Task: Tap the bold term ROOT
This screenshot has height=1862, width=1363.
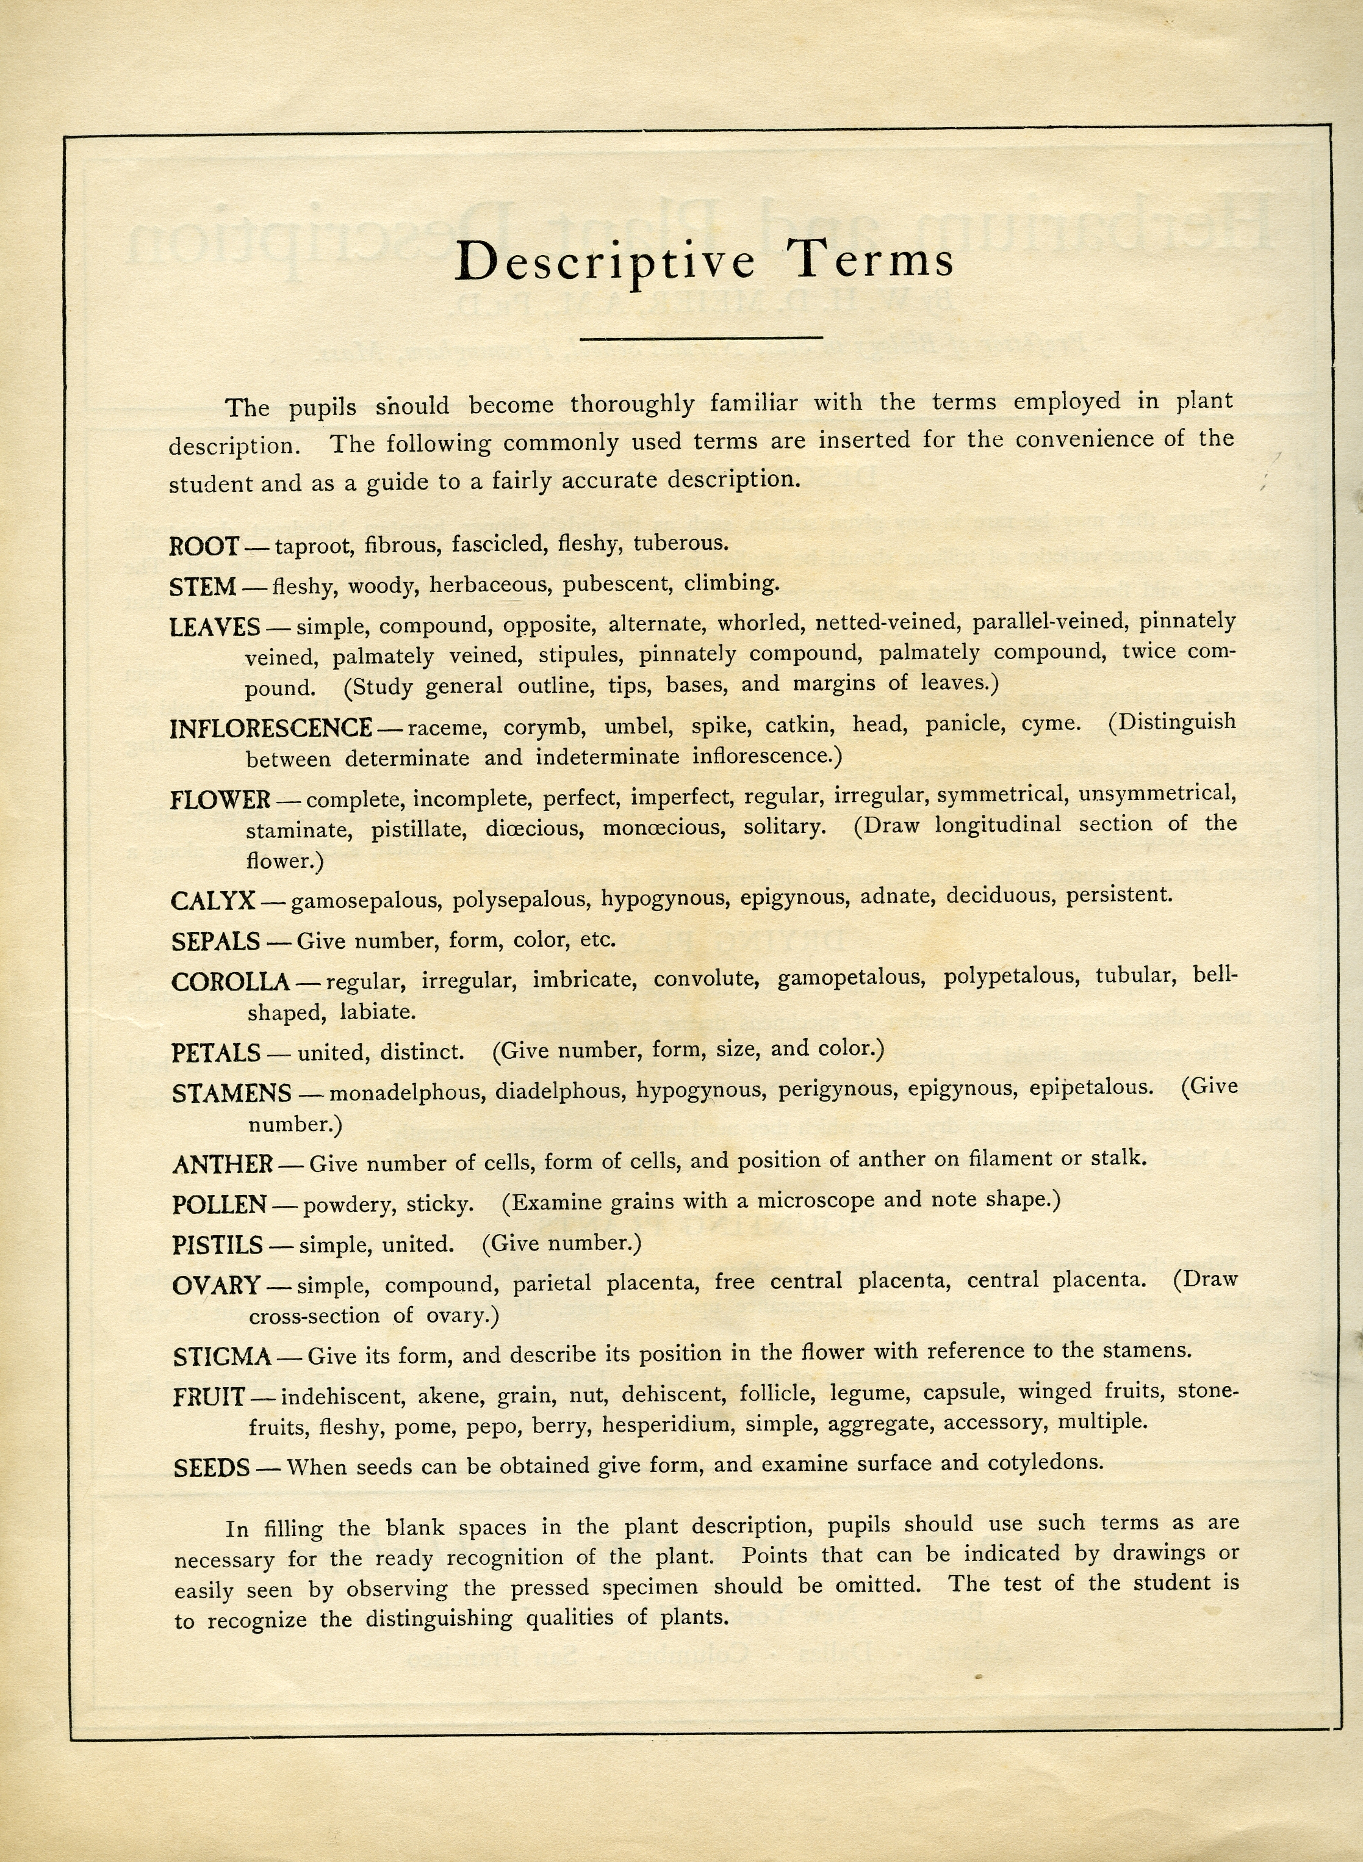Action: (204, 546)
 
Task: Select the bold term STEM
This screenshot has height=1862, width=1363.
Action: (202, 588)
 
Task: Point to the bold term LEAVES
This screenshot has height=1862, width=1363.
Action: (215, 627)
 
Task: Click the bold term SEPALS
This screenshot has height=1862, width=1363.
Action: (215, 942)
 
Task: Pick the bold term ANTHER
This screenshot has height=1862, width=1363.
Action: (223, 1164)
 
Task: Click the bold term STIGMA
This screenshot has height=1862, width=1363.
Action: (222, 1357)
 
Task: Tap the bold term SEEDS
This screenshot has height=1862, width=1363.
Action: (211, 1468)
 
